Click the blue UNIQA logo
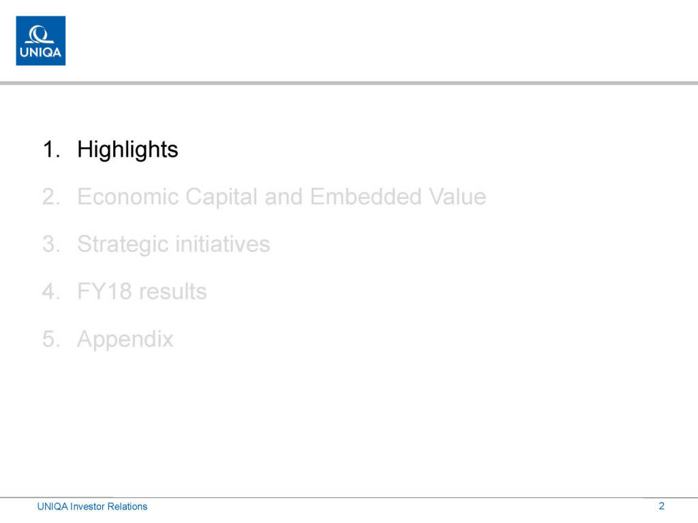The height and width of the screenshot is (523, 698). tap(40, 40)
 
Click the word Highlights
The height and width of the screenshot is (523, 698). tap(127, 150)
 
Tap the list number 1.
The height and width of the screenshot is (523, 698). tap(51, 149)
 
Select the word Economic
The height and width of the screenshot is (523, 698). tap(127, 197)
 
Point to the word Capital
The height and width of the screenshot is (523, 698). tap(222, 197)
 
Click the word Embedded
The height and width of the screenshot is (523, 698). tap(366, 197)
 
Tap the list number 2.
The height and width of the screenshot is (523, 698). tap(51, 197)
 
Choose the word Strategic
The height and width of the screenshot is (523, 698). tap(123, 244)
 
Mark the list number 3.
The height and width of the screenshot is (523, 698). tap(51, 244)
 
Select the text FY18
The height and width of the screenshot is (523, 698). tap(104, 291)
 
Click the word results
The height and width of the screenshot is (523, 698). tap(172, 291)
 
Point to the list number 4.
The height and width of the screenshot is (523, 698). tap(51, 291)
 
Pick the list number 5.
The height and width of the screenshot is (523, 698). tap(51, 339)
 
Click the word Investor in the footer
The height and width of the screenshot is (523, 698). tap(87, 507)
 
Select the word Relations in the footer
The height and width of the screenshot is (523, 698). tap(127, 507)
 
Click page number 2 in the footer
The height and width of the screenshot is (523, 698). tap(661, 506)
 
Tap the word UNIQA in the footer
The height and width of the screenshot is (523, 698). tap(52, 507)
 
